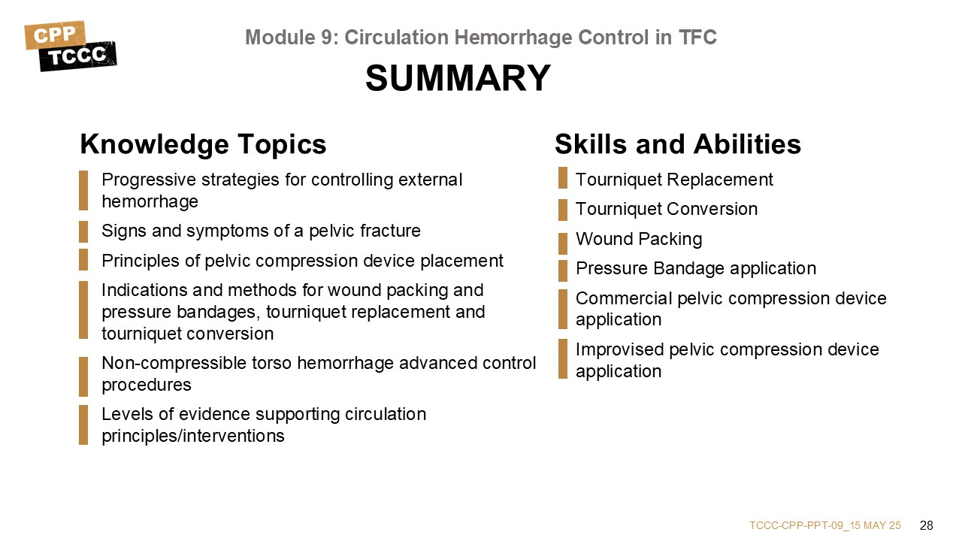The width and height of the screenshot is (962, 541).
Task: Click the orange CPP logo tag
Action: pos(55,35)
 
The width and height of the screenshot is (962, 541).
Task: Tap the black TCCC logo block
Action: pos(77,56)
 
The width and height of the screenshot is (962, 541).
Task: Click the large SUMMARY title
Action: pos(458,78)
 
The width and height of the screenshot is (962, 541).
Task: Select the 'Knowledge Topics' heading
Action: pos(203,144)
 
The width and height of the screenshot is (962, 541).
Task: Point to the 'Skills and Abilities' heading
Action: pos(678,144)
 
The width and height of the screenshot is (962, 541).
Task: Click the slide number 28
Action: pos(927,525)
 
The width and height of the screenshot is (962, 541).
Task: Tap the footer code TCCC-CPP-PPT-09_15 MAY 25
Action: pos(825,525)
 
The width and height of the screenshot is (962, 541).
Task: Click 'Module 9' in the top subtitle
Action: pos(292,38)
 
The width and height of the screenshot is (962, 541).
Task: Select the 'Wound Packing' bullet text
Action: pos(639,239)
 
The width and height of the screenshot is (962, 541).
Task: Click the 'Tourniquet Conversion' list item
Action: pos(667,209)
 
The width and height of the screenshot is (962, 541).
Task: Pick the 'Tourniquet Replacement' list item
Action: pos(674,180)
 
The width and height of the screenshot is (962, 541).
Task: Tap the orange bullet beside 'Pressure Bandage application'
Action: pos(563,270)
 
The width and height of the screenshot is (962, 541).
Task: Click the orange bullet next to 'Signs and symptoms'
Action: pos(83,231)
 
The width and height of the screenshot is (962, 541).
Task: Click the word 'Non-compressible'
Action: pos(174,363)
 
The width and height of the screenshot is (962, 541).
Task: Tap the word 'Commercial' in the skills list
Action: pos(624,298)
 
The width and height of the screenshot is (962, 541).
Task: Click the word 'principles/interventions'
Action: pos(193,437)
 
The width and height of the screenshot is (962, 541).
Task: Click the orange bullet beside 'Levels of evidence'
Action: pos(83,425)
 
